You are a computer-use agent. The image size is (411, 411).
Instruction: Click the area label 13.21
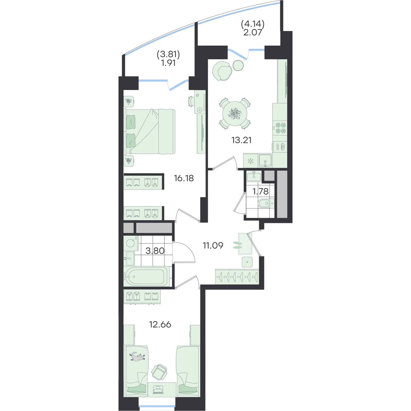pos(241,140)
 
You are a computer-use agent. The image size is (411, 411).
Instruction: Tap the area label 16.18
pos(184,178)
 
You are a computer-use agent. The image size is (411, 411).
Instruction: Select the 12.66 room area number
pos(160,324)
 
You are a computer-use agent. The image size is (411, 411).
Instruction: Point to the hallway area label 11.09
pos(213,246)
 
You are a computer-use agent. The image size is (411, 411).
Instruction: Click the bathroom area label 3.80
pos(155,251)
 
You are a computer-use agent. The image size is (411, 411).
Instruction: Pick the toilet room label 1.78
pos(260,191)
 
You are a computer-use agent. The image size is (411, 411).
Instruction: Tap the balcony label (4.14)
pos(253,24)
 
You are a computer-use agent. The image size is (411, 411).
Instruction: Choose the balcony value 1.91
pos(169,63)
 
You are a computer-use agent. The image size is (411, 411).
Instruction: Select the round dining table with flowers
pos(235,113)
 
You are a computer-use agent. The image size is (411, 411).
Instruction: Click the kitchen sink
pos(265,160)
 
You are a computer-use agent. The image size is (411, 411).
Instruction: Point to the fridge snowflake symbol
pos(250,161)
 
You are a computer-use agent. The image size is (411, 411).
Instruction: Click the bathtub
pos(147,276)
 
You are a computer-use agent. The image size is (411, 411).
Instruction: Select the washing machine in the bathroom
pos(131,243)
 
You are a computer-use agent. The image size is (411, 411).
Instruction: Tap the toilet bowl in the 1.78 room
pos(266,203)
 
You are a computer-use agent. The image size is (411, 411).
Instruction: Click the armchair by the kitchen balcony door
pos(222,71)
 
